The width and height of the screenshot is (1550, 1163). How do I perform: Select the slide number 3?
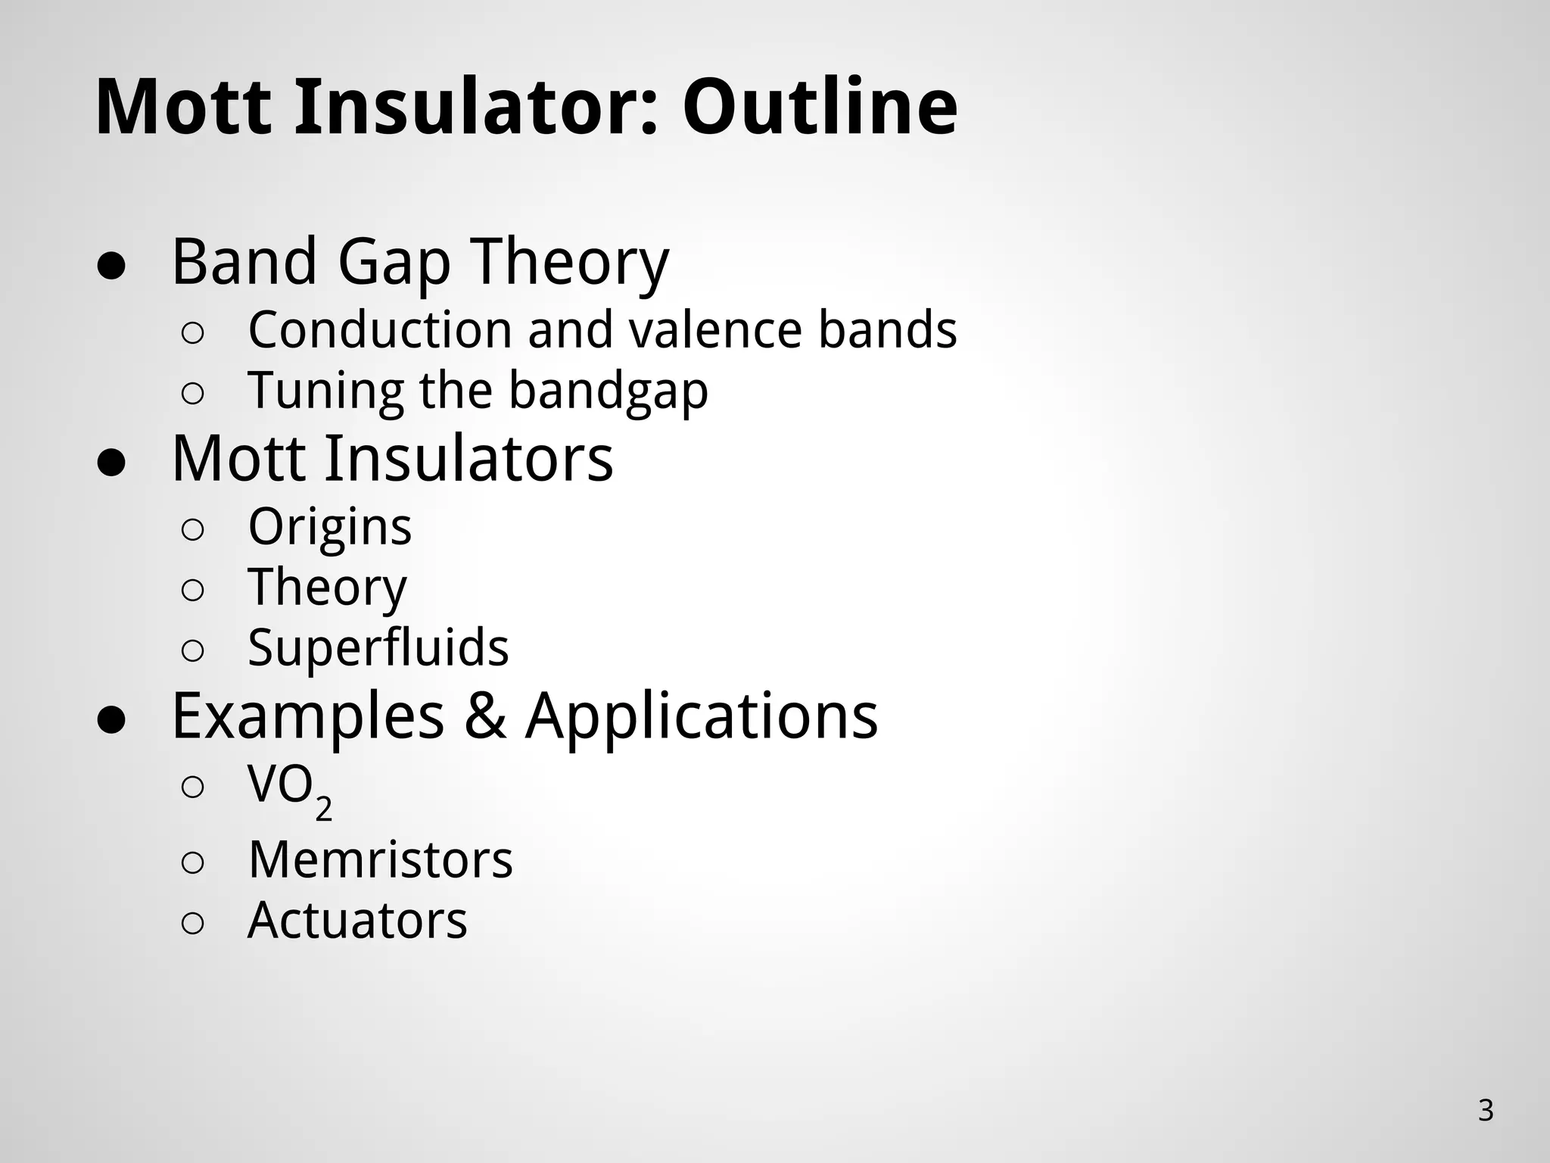(x=1485, y=1111)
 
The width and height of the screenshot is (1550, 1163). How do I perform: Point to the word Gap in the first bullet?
(x=393, y=263)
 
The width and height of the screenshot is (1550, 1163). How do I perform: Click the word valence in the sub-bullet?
(x=719, y=330)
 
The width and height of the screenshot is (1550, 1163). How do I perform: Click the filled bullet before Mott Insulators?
(x=110, y=463)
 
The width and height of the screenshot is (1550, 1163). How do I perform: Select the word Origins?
(x=330, y=528)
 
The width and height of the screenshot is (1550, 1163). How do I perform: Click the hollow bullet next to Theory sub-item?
(x=192, y=591)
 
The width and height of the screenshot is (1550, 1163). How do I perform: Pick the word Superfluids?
(x=378, y=648)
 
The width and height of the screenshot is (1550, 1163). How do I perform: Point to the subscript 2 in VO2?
(x=323, y=809)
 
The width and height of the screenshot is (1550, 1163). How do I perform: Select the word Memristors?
(x=380, y=860)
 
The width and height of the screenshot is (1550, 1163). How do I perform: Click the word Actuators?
(x=357, y=921)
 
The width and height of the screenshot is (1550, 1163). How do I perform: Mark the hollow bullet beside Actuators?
(x=192, y=923)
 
